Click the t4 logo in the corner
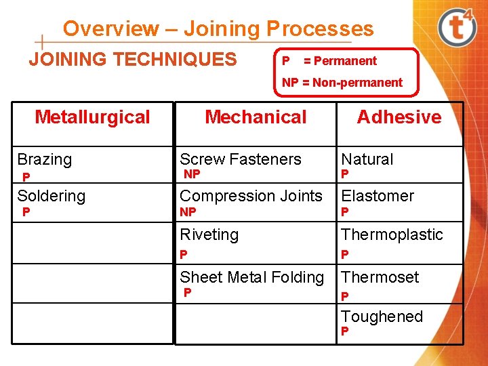pos(457,28)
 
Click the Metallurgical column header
pos(92,117)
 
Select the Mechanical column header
pos(256,117)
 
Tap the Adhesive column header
pos(399,117)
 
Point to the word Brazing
pos(44,160)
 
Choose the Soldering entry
pos(51,197)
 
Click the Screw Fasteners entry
pos(240,160)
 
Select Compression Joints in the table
pos(251,197)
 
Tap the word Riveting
pos(209,235)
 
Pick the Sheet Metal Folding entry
pos(251,277)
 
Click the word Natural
pos(367,160)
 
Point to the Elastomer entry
pos(377,197)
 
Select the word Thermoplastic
pos(392,235)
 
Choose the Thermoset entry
pos(380,277)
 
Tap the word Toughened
pos(382,317)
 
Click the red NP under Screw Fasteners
pos(192,175)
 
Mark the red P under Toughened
pos(344,332)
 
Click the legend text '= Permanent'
pos(340,61)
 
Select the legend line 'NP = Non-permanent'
pos(342,83)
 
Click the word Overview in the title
pos(110,29)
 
